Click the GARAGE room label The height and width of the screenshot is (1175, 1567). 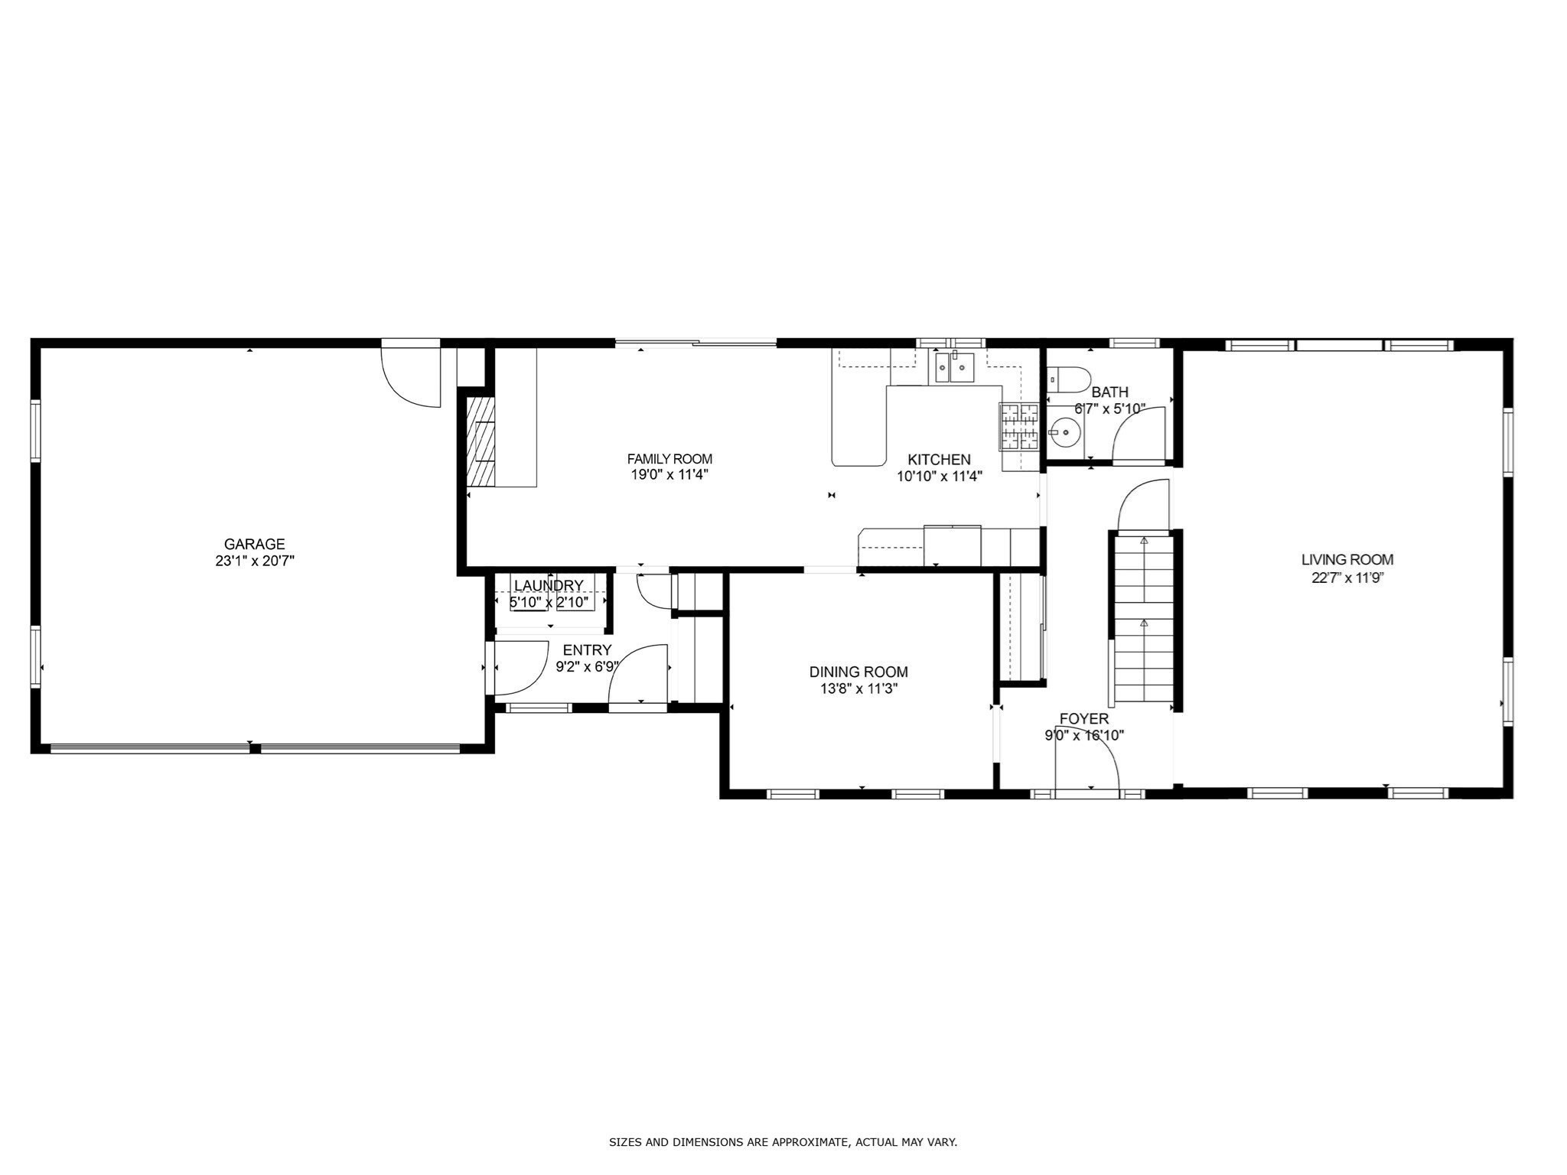254,544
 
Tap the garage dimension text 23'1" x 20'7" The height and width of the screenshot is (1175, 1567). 254,561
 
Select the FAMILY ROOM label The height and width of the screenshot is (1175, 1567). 669,459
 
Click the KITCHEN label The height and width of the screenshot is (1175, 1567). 939,460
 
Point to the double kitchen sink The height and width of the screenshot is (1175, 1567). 952,368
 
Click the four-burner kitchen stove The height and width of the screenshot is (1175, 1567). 1018,426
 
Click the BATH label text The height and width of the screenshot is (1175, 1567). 1109,392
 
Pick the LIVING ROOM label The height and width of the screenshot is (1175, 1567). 1347,560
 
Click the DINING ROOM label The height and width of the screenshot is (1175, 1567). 858,672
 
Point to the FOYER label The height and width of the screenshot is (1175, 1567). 1083,719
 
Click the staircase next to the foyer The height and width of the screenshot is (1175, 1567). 1143,620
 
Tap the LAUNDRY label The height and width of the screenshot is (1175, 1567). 549,586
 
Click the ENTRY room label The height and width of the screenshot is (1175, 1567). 587,651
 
